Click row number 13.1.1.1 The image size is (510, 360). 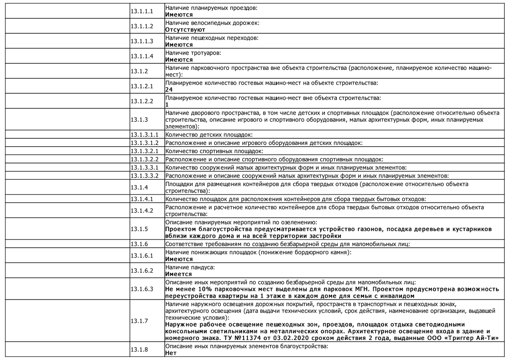click(x=141, y=11)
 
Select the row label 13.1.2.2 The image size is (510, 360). click(x=141, y=101)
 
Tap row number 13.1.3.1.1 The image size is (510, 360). click(x=144, y=135)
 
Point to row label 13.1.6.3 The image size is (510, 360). click(x=141, y=289)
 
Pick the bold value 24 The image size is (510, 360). click(x=169, y=90)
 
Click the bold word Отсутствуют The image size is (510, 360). click(x=185, y=30)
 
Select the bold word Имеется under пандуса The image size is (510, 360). click(x=178, y=274)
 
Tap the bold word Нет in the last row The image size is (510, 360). click(x=171, y=353)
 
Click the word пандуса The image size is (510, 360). click(x=202, y=267)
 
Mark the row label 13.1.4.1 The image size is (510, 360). click(x=141, y=199)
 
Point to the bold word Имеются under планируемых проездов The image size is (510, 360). click(x=179, y=15)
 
